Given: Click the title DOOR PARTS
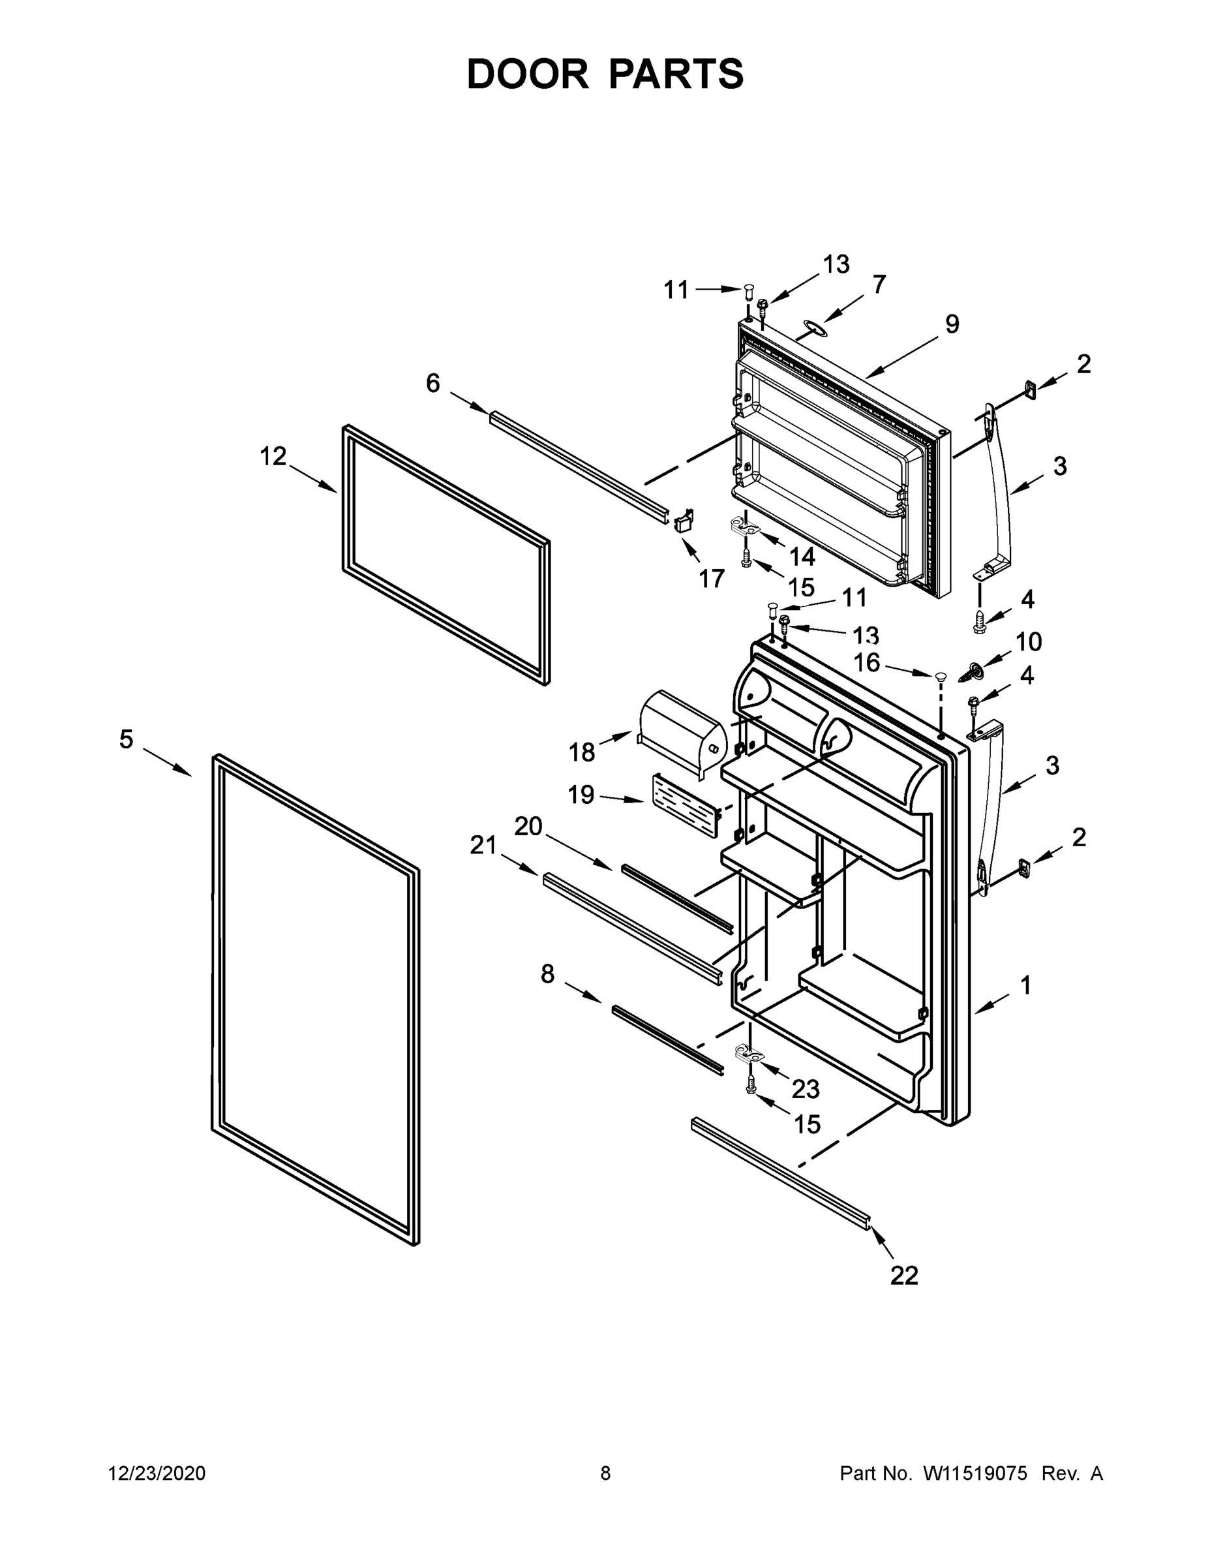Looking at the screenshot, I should (605, 74).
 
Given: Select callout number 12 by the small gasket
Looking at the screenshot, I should (273, 456).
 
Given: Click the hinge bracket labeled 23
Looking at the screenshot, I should (749, 1053).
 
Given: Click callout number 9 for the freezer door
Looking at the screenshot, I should (951, 325).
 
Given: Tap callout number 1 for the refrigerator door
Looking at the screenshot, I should (1025, 985).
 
